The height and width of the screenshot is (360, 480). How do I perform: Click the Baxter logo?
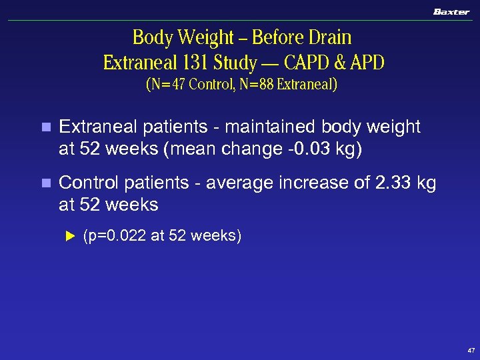point(451,11)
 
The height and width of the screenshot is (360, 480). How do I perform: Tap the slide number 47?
point(471,350)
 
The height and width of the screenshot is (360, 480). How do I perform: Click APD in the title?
point(366,63)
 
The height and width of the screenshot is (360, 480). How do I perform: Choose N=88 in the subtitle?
point(253,85)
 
